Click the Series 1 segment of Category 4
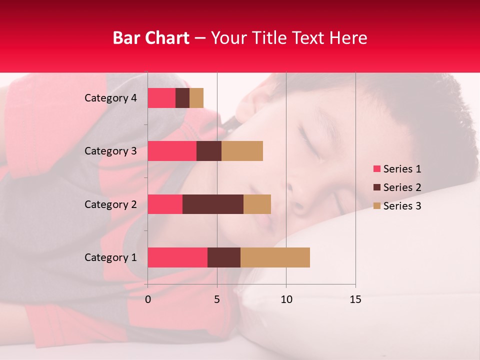tap(161, 98)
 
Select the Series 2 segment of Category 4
tap(182, 98)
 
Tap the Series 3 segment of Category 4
tap(196, 98)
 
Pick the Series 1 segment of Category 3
tap(172, 151)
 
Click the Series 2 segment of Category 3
tap(209, 151)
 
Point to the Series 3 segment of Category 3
tap(242, 151)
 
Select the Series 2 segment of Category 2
tap(213, 204)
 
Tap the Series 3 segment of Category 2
tap(257, 204)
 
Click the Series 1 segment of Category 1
tap(177, 257)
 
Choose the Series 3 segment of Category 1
tap(275, 257)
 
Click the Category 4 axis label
tap(110, 98)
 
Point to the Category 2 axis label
tap(110, 204)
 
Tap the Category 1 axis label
tap(110, 257)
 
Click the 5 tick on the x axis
tap(217, 299)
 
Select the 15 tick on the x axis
tap(355, 299)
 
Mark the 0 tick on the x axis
tap(148, 299)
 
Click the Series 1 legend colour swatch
tap(376, 169)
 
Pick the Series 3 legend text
tap(402, 206)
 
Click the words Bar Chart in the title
tap(151, 38)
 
